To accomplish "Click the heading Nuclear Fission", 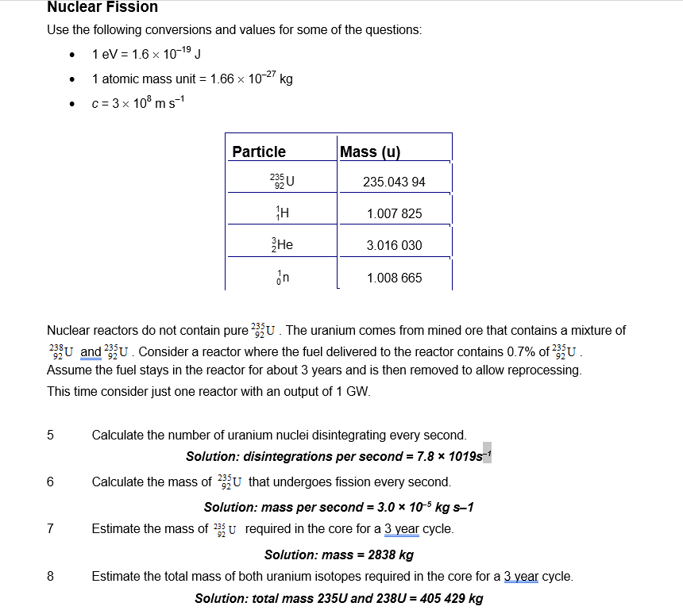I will (102, 7).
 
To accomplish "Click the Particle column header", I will (259, 152).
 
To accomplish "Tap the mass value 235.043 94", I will (394, 182).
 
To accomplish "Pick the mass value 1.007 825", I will (394, 214).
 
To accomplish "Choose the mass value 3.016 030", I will (394, 246).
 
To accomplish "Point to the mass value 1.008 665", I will (394, 278).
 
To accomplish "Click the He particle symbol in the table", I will (283, 245).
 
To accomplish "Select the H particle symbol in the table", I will (283, 213).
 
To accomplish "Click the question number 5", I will (51, 435).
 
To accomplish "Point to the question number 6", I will (51, 482).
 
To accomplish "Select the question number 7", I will (51, 528).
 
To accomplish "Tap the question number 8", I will (51, 576).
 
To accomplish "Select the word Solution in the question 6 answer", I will (230, 508).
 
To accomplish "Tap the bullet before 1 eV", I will (72, 56).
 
